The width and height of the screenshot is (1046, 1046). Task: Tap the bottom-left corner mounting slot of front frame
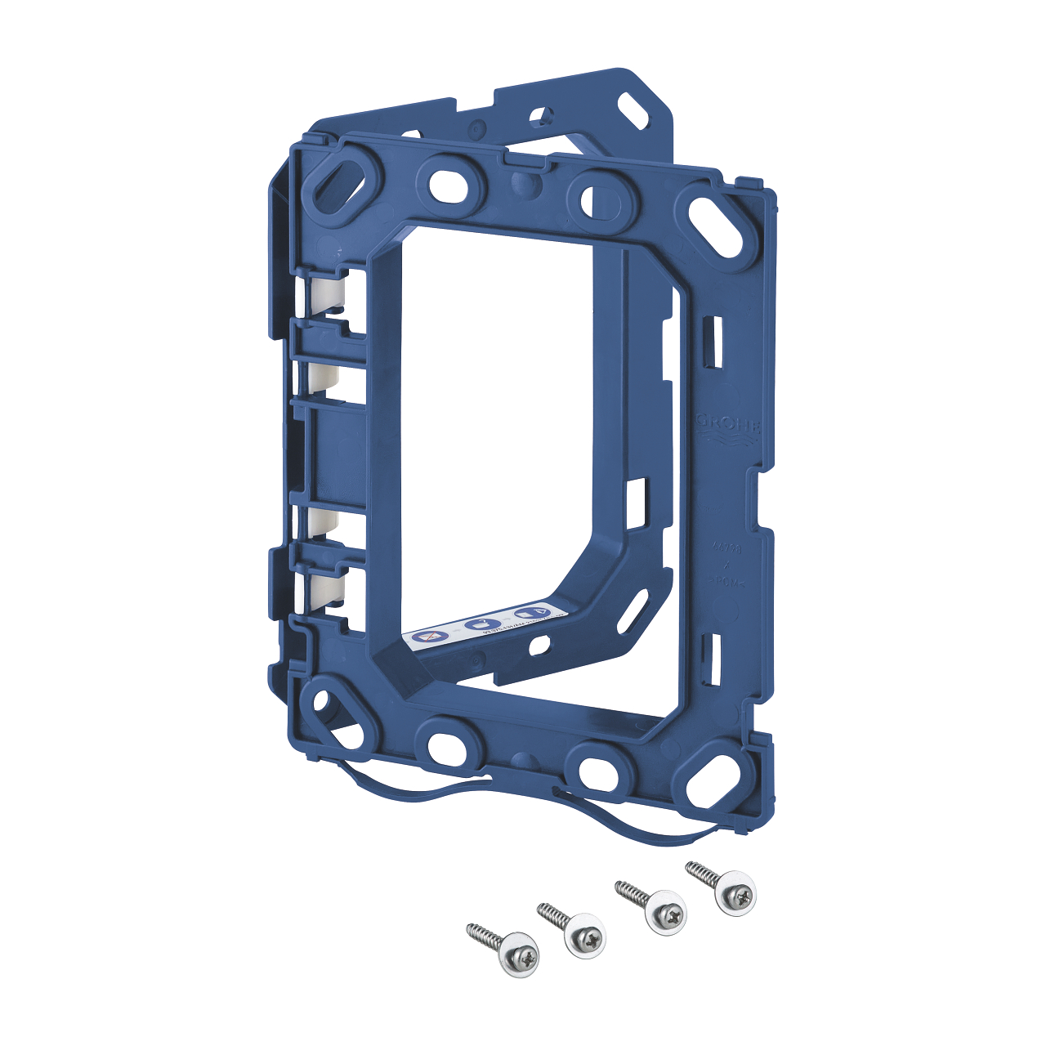(335, 709)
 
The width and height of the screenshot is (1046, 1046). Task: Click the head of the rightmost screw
(735, 896)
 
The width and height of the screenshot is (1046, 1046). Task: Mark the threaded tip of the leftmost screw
(472, 928)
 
